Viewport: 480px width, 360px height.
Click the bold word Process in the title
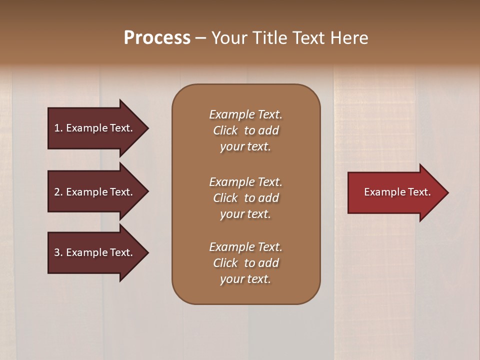pos(157,38)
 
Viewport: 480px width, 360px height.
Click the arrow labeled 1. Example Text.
pos(95,128)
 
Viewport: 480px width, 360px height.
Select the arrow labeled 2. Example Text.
pos(95,192)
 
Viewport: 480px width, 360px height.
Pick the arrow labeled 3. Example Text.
pos(95,252)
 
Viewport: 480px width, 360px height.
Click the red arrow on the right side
pos(395,192)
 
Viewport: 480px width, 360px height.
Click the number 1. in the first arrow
pos(58,128)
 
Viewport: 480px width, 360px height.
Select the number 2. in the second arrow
pos(58,192)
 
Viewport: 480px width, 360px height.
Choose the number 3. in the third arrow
pos(58,252)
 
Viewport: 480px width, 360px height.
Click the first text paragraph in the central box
pos(245,130)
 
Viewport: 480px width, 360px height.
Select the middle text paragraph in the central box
pos(245,198)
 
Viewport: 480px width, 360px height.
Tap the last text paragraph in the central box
pos(245,263)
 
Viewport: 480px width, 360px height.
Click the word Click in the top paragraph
pos(225,130)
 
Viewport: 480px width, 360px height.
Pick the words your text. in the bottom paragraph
pos(245,279)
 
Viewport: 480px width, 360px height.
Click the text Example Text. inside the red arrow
pos(397,192)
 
